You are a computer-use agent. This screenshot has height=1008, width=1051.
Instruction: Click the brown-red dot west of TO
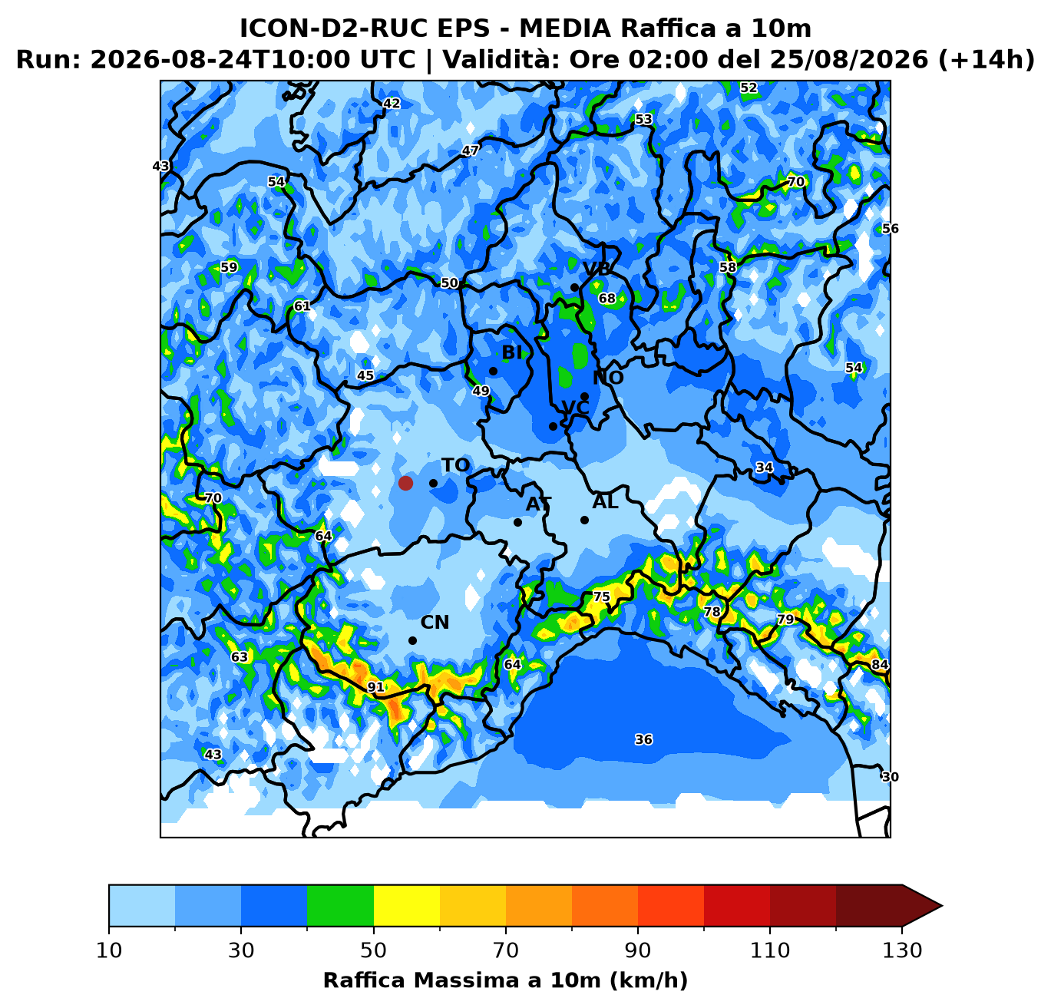click(405, 483)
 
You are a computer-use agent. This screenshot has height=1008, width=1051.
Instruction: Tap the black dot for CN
click(412, 641)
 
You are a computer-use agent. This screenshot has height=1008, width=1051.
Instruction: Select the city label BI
click(512, 352)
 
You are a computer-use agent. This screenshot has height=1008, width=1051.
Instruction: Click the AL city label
click(605, 502)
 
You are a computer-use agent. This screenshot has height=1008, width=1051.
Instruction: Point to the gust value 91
click(376, 687)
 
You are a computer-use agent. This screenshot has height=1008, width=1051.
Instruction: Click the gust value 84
click(879, 664)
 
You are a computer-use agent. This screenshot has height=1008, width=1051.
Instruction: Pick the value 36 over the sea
click(643, 739)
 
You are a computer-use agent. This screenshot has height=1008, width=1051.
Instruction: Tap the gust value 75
click(602, 597)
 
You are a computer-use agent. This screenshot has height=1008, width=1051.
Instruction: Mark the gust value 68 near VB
click(607, 298)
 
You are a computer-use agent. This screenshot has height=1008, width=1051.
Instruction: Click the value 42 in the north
click(392, 103)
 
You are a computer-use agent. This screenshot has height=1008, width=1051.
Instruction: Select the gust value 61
click(302, 306)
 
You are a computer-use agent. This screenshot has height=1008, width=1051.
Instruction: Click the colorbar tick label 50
click(373, 950)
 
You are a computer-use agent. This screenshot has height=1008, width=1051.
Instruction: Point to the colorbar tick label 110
click(769, 950)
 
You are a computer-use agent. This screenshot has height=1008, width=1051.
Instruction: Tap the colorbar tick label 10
click(109, 950)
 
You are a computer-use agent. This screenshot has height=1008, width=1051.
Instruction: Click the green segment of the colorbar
click(340, 905)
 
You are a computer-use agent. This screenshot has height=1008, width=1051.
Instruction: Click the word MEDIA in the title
click(565, 28)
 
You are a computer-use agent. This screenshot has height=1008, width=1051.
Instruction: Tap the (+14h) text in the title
click(987, 59)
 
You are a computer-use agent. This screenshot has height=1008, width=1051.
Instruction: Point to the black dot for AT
click(517, 522)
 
